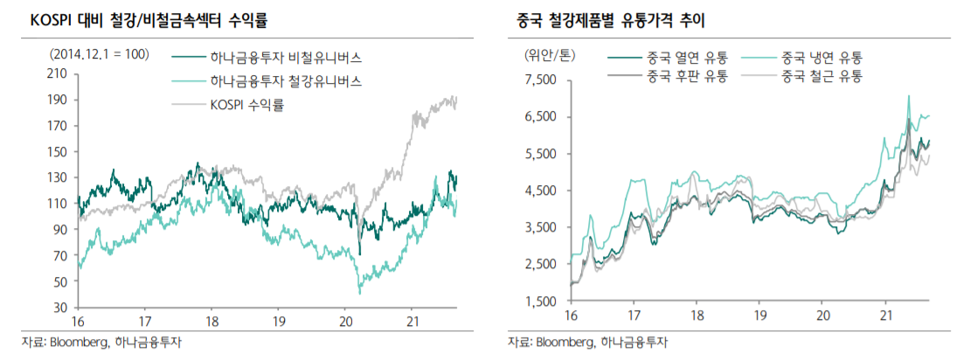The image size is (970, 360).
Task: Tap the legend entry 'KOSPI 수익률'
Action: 247,105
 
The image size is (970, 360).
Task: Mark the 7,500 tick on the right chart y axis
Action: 539,80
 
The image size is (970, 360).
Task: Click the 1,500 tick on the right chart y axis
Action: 539,301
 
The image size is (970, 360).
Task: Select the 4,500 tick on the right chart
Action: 539,190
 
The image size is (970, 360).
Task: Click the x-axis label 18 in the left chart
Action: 212,320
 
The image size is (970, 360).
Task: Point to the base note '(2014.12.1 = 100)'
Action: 100,54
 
